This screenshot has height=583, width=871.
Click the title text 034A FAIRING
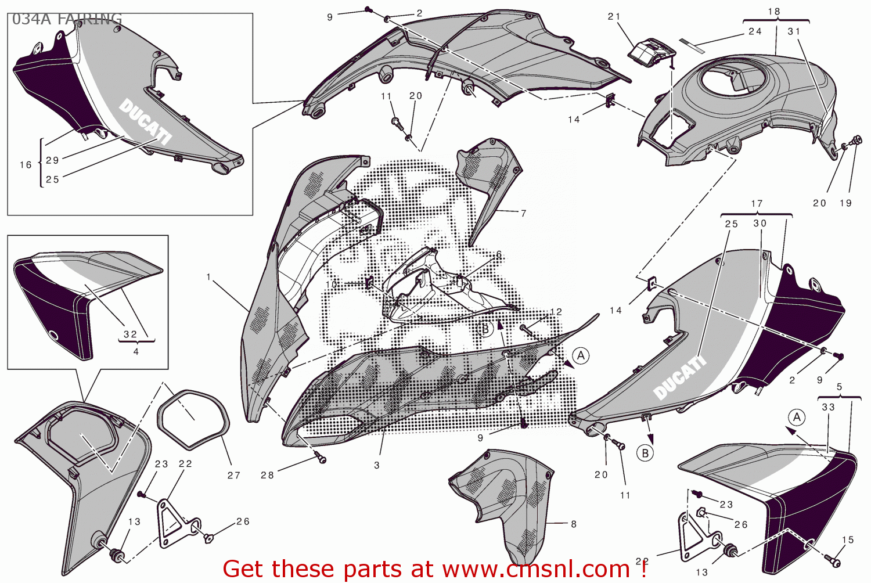(67, 19)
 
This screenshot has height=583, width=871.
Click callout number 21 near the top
(614, 17)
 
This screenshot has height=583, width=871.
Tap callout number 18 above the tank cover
(774, 12)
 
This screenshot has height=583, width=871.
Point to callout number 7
(523, 214)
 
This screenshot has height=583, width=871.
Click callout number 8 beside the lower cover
(574, 524)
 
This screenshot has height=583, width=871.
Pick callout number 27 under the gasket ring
(233, 476)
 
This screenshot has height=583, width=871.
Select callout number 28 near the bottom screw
(267, 476)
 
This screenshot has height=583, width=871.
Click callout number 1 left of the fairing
(208, 278)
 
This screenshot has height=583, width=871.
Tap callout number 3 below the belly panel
(377, 466)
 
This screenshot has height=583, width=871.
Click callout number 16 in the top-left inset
(26, 165)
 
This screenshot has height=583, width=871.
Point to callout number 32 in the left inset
(130, 334)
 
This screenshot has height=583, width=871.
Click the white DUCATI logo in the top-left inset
(146, 121)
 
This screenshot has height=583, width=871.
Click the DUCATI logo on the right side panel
(680, 377)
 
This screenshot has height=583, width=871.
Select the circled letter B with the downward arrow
(645, 454)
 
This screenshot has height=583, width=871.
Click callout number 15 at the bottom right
(848, 540)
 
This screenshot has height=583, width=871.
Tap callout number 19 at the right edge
(845, 203)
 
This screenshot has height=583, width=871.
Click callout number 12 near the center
(556, 312)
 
